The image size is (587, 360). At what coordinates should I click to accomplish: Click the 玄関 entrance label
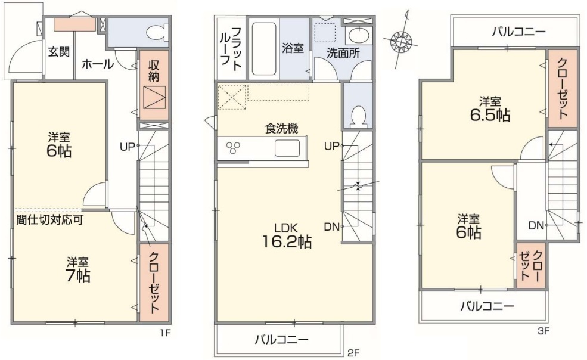tap(59, 52)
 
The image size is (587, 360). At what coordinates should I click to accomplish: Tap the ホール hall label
tap(98, 64)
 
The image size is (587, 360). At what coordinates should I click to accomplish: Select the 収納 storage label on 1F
tap(154, 70)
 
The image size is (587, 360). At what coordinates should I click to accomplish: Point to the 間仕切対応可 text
tap(49, 219)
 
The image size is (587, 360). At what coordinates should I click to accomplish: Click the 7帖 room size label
tap(78, 276)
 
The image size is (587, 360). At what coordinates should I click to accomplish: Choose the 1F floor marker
tap(166, 332)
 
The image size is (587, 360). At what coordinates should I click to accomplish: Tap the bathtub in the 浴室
tap(264, 49)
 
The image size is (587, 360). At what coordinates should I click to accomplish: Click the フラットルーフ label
tap(231, 49)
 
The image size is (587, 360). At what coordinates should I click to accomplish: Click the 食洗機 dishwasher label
tap(281, 129)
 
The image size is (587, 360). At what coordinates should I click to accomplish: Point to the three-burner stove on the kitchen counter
tap(233, 147)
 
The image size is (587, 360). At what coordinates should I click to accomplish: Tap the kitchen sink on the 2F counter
tap(287, 148)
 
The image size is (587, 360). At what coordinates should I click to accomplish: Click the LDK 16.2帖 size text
tap(287, 235)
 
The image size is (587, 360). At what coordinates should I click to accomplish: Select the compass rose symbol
tap(401, 40)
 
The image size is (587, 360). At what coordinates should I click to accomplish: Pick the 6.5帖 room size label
tap(490, 110)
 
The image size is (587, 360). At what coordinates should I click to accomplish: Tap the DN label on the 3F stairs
tap(536, 225)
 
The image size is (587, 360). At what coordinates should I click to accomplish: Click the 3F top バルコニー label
tap(518, 32)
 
